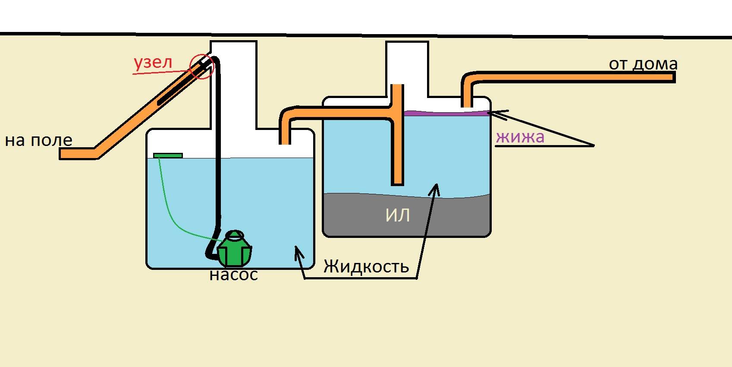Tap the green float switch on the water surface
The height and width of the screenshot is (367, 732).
[x=168, y=155]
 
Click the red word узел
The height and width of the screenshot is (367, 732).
[x=153, y=63]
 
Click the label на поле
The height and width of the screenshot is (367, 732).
[x=38, y=140]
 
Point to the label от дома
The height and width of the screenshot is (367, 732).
[x=643, y=64]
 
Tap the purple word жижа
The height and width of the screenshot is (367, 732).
[x=520, y=137]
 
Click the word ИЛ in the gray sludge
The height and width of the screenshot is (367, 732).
[x=397, y=215]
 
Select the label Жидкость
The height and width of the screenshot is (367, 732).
[x=366, y=266]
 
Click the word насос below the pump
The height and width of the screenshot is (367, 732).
[x=233, y=275]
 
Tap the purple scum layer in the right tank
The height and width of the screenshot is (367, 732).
[x=444, y=114]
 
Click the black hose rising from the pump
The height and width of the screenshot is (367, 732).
[x=218, y=151]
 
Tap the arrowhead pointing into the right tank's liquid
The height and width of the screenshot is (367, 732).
[x=436, y=189]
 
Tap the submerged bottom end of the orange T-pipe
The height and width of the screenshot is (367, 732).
[x=397, y=181]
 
